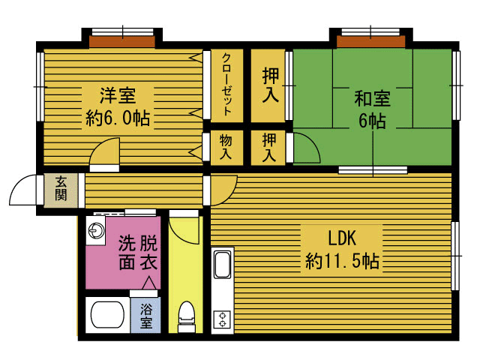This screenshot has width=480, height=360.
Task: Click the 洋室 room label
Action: point(118,95)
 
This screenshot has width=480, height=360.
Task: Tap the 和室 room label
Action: point(372,98)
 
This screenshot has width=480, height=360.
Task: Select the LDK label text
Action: point(342,238)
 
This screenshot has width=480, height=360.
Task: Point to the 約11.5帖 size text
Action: point(342,261)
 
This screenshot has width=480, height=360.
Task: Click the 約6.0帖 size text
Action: point(118,118)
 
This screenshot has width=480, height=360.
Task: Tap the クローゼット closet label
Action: point(226,85)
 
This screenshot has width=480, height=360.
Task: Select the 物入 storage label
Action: point(226,148)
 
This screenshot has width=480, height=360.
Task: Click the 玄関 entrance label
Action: point(61,189)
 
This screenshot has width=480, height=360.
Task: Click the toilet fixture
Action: point(187,316)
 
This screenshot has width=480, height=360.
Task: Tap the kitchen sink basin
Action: point(223,265)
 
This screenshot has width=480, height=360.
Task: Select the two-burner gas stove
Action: point(222,319)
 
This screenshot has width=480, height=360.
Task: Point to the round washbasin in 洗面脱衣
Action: point(95,230)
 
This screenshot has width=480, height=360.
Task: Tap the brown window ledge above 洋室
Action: point(122,42)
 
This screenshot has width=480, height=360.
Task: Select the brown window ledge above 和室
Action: point(371,42)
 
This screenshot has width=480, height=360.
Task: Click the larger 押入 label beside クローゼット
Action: point(271,85)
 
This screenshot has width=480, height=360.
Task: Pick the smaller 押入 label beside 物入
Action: point(269,148)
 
